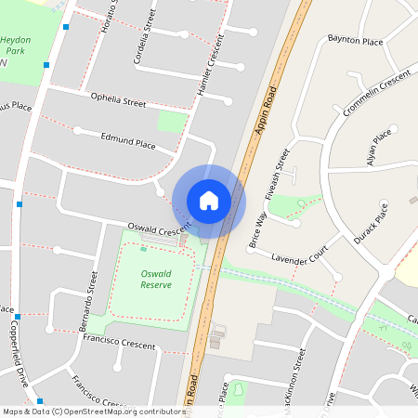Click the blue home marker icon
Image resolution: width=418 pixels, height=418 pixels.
[x=209, y=200]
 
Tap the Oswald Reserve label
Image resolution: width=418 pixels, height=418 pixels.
[x=156, y=280]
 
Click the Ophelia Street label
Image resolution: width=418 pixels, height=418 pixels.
[x=118, y=99]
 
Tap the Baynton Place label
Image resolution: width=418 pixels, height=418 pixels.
[x=355, y=42]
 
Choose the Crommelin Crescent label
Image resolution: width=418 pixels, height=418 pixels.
[x=376, y=94]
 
